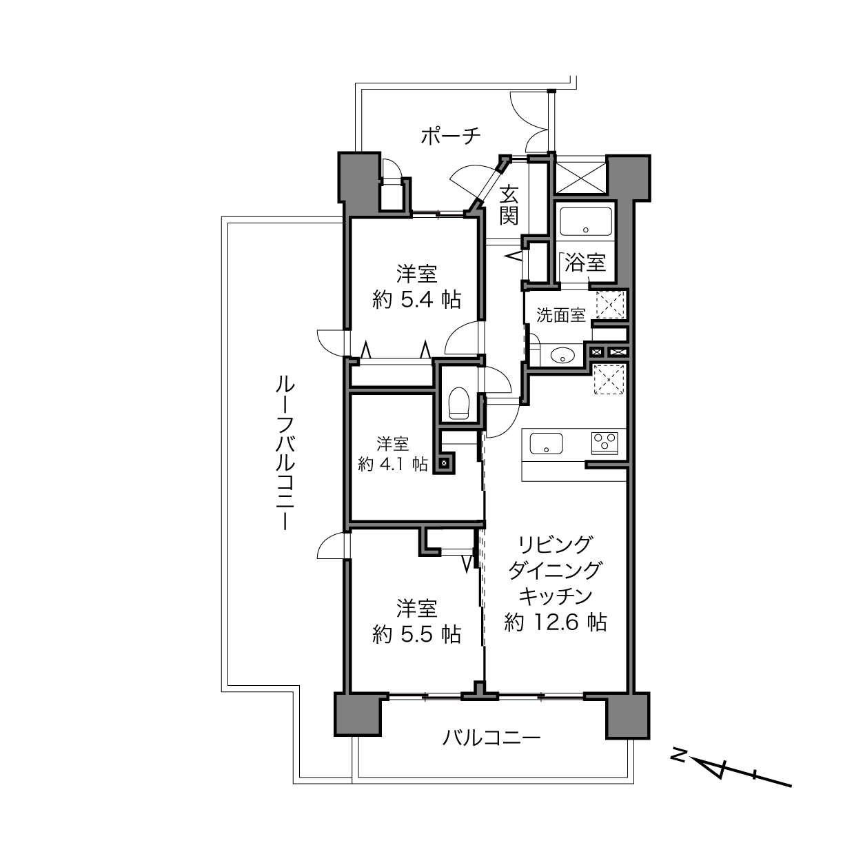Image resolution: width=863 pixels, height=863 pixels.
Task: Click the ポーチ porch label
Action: coord(451,136)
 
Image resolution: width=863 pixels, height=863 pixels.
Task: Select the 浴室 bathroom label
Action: coord(585,263)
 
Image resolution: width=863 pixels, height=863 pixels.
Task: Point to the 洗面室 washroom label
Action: coord(560,315)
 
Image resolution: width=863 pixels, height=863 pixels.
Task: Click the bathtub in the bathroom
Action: coord(586,221)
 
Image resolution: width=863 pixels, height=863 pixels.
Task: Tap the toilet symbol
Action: coord(458,403)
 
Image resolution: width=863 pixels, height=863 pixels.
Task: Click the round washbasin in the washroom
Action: coord(562,356)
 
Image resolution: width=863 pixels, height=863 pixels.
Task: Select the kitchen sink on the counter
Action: coord(547,444)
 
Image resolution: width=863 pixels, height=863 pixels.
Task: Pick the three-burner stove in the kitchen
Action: coord(605,443)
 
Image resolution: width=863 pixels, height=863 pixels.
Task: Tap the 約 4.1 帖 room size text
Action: coord(392,465)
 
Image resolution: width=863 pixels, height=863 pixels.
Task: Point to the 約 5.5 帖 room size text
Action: coord(416,634)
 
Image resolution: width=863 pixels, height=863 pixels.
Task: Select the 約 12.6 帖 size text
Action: coord(556,622)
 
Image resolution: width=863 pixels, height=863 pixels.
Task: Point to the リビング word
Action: coord(556,545)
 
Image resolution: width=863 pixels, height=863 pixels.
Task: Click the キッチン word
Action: coord(556,596)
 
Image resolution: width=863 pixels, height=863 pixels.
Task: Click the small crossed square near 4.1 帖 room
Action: coord(443,463)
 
